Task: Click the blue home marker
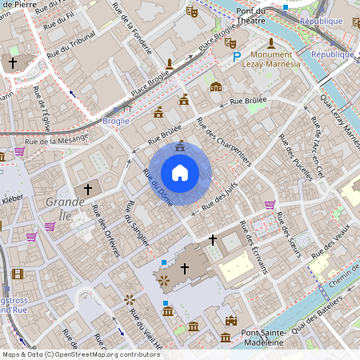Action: tap(180, 173)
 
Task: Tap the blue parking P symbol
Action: tap(235, 57)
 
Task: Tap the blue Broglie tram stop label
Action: tap(116, 121)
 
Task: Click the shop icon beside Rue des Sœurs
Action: tap(270, 204)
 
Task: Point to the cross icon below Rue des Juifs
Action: tap(213, 238)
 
